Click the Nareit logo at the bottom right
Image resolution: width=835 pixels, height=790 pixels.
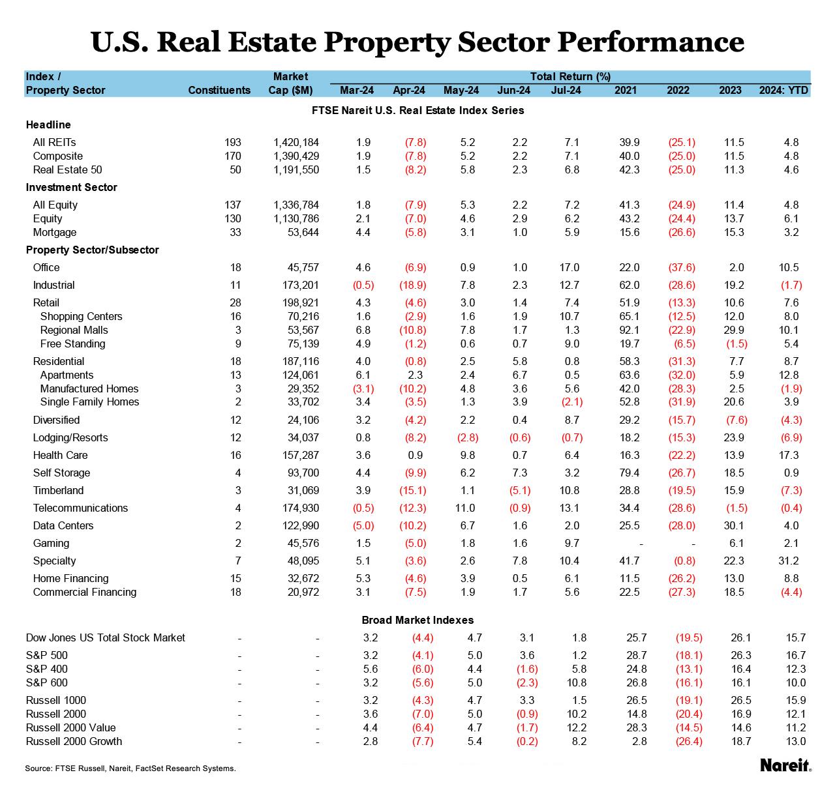coord(785,765)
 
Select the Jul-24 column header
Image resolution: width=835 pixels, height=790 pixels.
coord(566,90)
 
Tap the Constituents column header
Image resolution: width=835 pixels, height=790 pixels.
coord(219,90)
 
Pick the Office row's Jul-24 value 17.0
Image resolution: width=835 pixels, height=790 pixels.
coord(569,267)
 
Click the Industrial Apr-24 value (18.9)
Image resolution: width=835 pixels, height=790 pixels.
coord(412,285)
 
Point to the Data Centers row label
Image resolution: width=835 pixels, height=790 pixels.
coord(63,525)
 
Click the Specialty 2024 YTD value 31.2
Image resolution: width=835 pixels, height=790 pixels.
coord(791,561)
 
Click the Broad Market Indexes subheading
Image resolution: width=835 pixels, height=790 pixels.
coord(417,620)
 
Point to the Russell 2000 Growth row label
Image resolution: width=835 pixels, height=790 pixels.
coord(74,741)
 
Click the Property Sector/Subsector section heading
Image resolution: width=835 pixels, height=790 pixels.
coord(92,250)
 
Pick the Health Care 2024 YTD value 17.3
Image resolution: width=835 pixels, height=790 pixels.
coord(791,455)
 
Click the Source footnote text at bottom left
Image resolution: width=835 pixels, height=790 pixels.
coord(130,768)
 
